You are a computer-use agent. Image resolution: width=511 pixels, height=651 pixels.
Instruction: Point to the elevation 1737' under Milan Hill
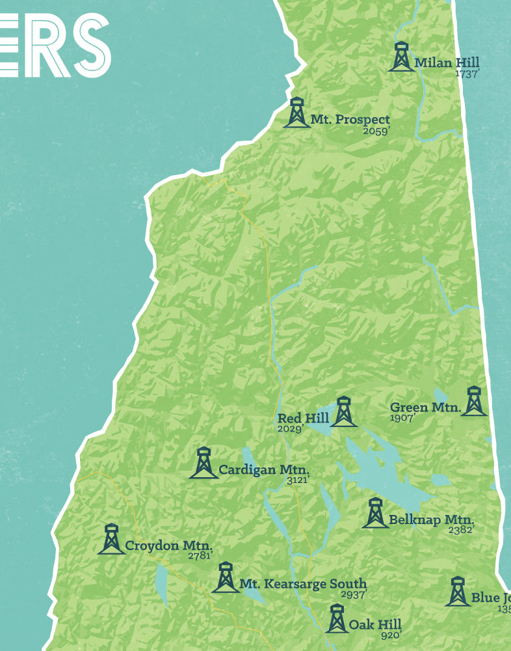(x=467, y=74)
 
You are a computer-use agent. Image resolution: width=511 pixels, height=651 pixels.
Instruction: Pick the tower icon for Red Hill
(x=343, y=412)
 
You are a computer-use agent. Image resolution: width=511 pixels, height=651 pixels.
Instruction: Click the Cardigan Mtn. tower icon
(x=203, y=463)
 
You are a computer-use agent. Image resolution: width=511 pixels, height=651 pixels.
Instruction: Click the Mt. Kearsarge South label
(x=303, y=584)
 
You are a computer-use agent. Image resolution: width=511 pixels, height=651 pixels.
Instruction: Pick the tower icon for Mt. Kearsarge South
(x=226, y=577)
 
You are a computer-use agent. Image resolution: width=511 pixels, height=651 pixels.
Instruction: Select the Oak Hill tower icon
(x=336, y=618)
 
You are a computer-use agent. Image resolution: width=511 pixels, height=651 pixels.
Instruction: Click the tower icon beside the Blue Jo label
(x=458, y=591)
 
